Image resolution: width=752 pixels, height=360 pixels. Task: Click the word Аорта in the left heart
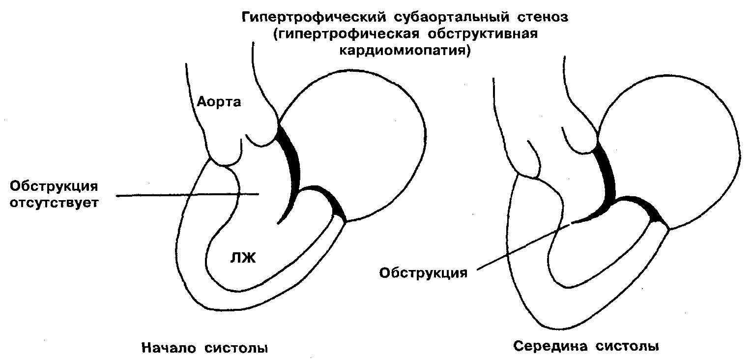point(219,102)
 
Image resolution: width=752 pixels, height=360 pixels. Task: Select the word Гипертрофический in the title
point(315,19)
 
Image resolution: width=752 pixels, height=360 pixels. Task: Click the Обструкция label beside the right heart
point(423,272)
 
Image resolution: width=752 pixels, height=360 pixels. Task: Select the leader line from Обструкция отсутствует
point(187,195)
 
